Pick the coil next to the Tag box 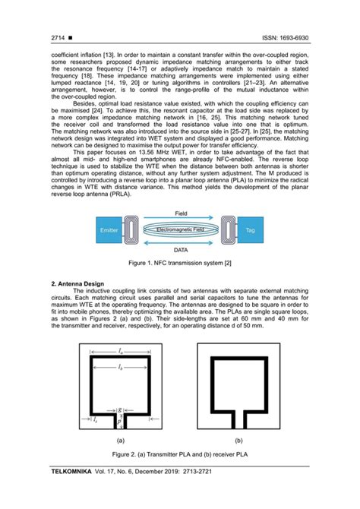point(226,250)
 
